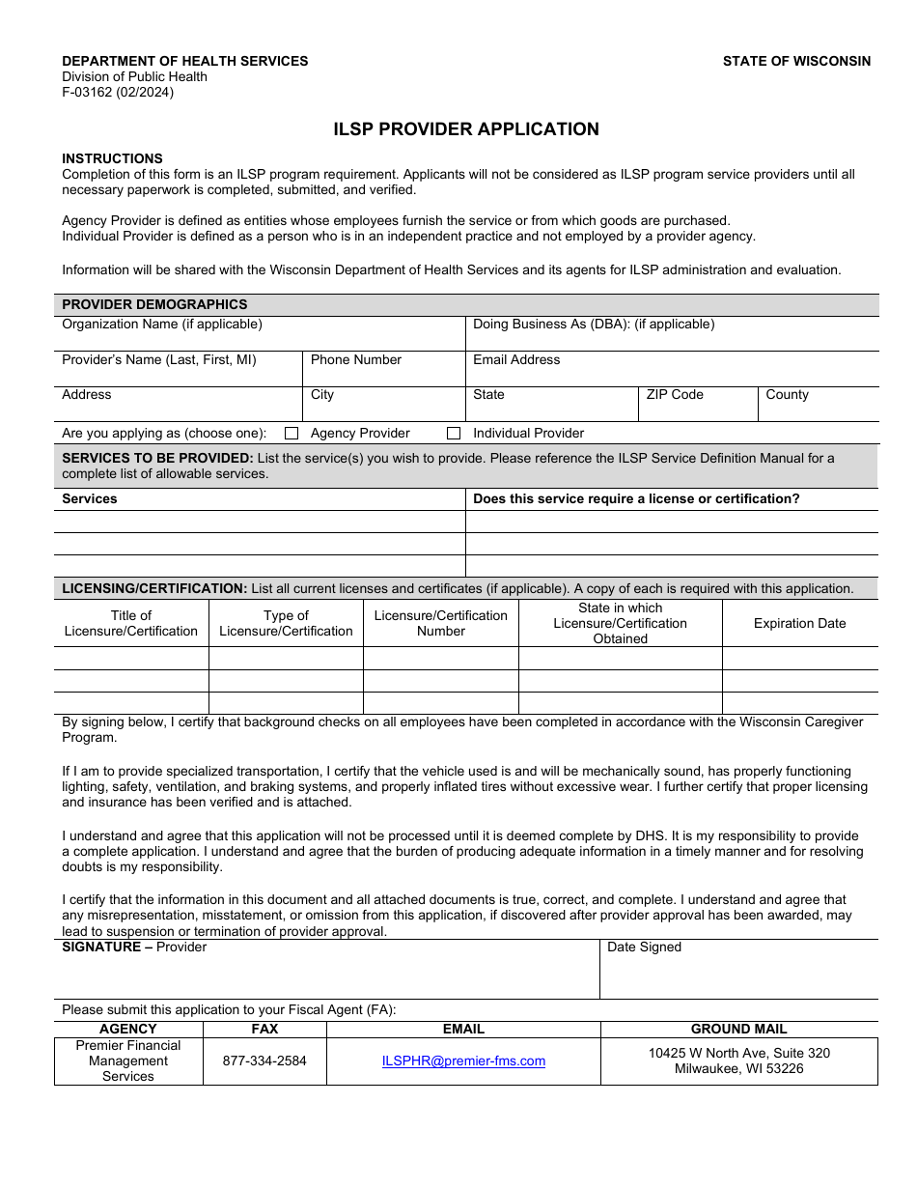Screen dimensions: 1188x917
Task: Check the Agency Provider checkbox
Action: (292, 434)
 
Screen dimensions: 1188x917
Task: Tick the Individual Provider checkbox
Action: (454, 434)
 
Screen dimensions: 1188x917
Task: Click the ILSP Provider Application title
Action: (466, 129)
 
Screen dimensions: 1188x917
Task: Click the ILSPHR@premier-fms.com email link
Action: (463, 1061)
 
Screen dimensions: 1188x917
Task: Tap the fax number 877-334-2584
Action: (264, 1061)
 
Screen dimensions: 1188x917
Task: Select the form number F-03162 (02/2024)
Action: (118, 93)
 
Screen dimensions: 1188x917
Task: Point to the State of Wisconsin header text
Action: (796, 61)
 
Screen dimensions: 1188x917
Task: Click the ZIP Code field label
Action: (675, 394)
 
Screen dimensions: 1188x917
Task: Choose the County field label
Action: (787, 394)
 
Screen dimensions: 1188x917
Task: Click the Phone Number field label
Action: (356, 359)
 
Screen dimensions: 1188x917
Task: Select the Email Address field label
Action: (516, 359)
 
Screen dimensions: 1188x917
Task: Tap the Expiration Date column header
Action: (799, 623)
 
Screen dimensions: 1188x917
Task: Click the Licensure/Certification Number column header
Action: (440, 623)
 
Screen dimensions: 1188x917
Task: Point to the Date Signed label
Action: (644, 947)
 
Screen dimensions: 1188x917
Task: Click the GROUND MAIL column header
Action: (738, 1029)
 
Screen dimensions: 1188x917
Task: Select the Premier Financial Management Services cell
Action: (128, 1061)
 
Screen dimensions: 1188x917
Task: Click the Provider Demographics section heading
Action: (154, 304)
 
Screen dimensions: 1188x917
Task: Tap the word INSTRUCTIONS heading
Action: (112, 158)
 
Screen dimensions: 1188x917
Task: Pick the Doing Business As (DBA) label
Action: (594, 325)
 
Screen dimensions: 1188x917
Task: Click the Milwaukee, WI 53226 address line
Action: (738, 1068)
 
